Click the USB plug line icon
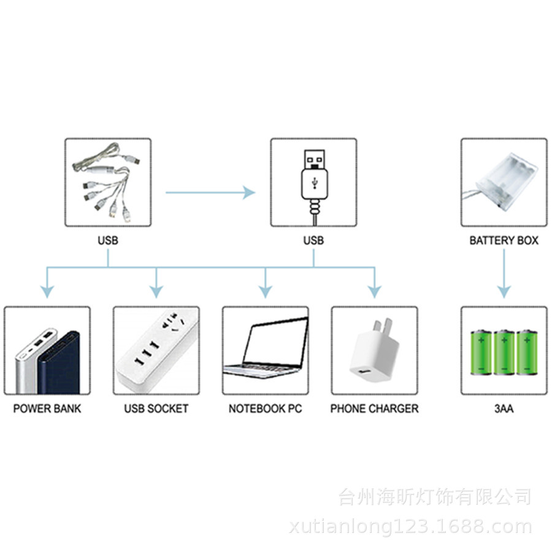[313, 182]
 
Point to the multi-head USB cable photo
[108, 182]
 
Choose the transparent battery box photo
[504, 182]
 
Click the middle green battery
[504, 352]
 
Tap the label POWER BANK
[47, 408]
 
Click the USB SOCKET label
[156, 408]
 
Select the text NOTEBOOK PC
[265, 408]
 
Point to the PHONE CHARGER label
[374, 408]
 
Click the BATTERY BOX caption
[504, 240]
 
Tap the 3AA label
[504, 408]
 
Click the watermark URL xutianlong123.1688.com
[410, 526]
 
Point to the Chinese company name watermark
[434, 496]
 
